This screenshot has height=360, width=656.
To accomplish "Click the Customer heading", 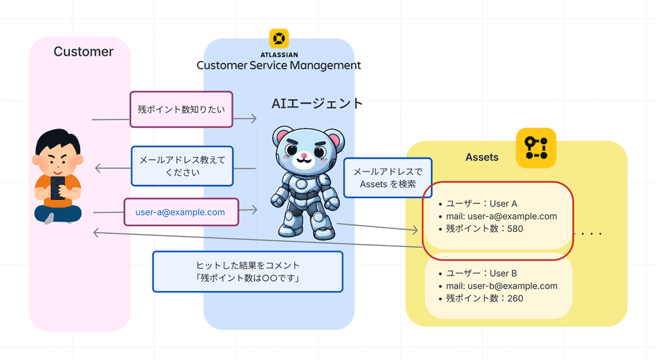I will pyautogui.click(x=83, y=52).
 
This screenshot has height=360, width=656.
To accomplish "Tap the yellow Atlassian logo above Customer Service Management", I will pyautogui.click(x=279, y=38).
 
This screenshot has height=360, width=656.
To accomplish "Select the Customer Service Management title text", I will pyautogui.click(x=279, y=66).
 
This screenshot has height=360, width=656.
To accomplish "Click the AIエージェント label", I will pyautogui.click(x=317, y=104).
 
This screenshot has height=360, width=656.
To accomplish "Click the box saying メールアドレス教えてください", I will pyautogui.click(x=182, y=166).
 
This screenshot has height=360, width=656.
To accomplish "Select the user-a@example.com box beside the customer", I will pyautogui.click(x=180, y=212).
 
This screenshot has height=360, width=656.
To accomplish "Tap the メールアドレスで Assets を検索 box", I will pyautogui.click(x=388, y=178).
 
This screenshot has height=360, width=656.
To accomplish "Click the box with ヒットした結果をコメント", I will pyautogui.click(x=247, y=271).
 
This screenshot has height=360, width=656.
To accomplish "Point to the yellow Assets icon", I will pyautogui.click(x=535, y=148).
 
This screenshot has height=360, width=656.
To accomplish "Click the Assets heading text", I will pyautogui.click(x=482, y=157).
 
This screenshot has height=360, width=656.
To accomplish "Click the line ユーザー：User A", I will pyautogui.click(x=482, y=204).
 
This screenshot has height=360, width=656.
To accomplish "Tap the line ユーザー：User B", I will pyautogui.click(x=482, y=273).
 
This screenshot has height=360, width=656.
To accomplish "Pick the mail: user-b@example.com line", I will pyautogui.click(x=501, y=286).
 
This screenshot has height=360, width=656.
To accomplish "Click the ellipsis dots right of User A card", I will pyautogui.click(x=588, y=233).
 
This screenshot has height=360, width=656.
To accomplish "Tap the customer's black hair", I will pyautogui.click(x=58, y=141).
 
